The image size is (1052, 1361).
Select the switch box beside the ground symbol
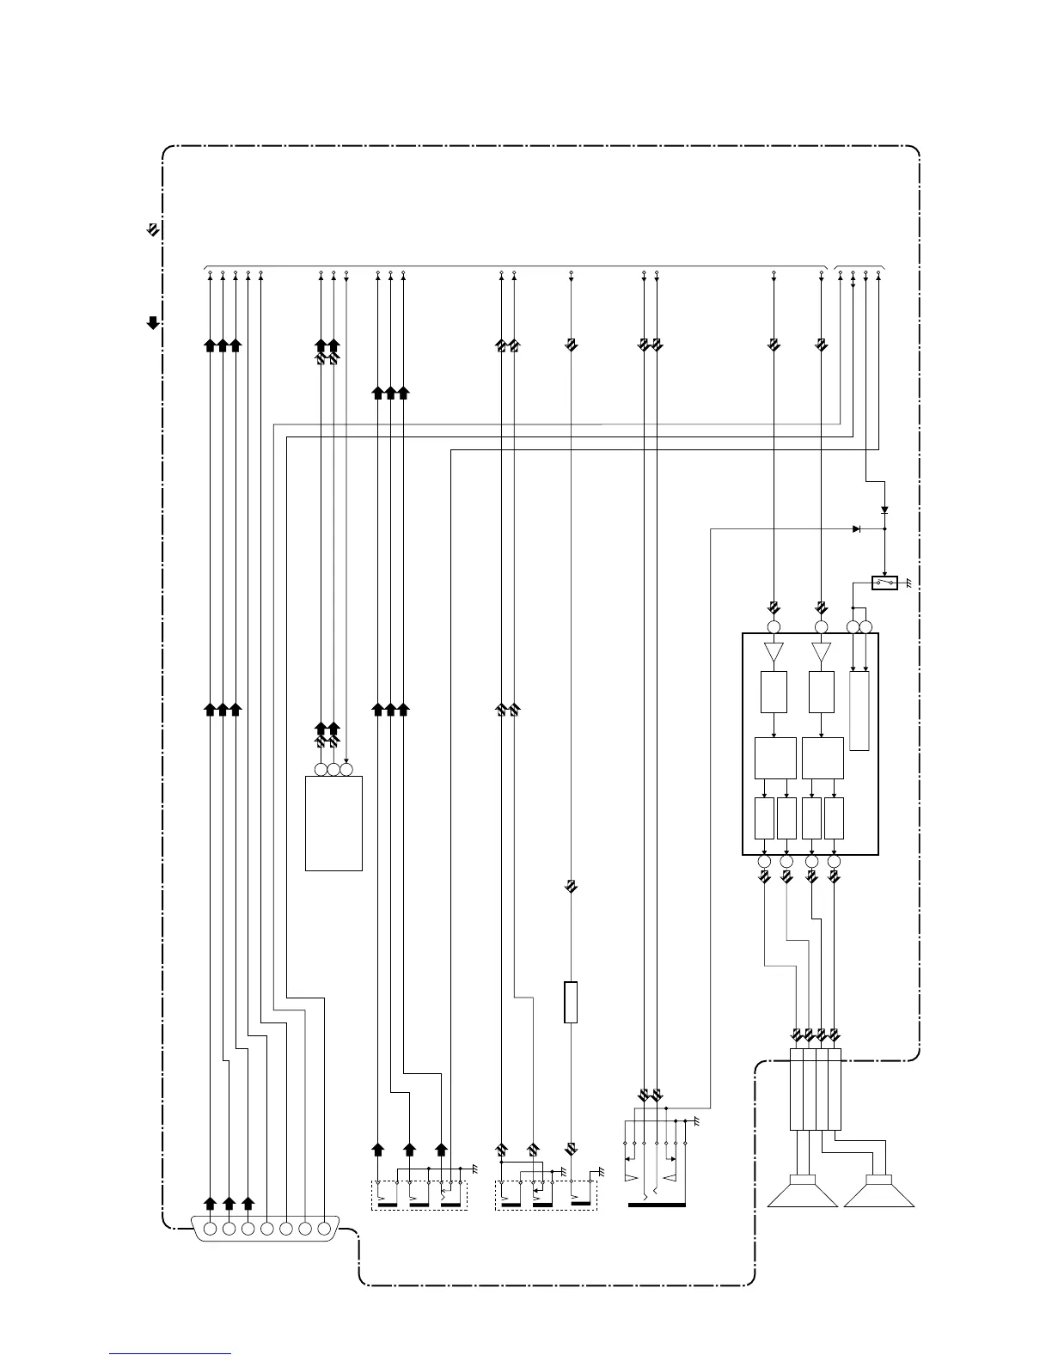pyautogui.click(x=884, y=583)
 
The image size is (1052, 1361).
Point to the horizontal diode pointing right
pyautogui.click(x=856, y=528)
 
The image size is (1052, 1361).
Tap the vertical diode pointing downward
pyautogui.click(x=884, y=510)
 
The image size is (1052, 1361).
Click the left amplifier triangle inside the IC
pyautogui.click(x=774, y=653)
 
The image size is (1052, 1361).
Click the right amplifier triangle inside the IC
pyautogui.click(x=821, y=653)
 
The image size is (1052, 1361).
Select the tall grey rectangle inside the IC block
pyautogui.click(x=859, y=711)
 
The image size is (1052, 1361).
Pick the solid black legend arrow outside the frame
pyautogui.click(x=152, y=323)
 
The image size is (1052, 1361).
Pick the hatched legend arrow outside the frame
pyautogui.click(x=152, y=230)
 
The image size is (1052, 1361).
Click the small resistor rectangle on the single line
pyautogui.click(x=571, y=1002)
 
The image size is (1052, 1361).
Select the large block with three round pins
pyautogui.click(x=333, y=823)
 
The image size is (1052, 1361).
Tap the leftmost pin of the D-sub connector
pyautogui.click(x=210, y=1229)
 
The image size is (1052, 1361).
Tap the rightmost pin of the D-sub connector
pyautogui.click(x=324, y=1229)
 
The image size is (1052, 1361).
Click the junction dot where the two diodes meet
pyautogui.click(x=884, y=528)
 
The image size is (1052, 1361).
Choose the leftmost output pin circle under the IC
pyautogui.click(x=764, y=861)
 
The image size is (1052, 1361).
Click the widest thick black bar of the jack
pyautogui.click(x=657, y=1205)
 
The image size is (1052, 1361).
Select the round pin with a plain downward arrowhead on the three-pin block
pyautogui.click(x=346, y=770)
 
